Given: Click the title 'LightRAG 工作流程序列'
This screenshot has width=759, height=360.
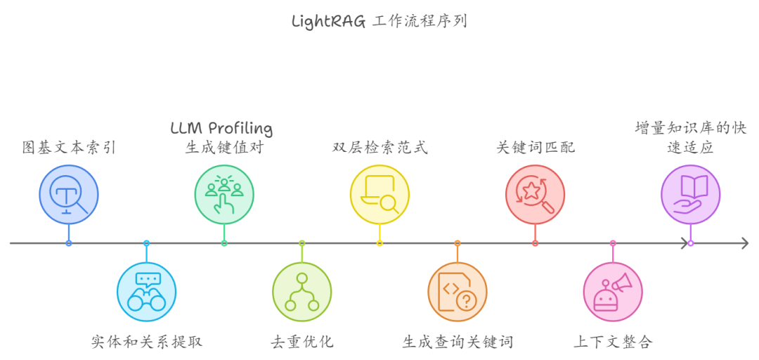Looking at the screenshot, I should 379,21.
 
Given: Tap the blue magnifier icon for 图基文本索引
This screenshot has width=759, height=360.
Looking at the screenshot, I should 69,194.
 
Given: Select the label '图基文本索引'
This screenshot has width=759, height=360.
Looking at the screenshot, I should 69,148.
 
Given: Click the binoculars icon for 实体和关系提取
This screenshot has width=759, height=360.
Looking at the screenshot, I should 146,292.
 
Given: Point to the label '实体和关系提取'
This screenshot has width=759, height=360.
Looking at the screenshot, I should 146,342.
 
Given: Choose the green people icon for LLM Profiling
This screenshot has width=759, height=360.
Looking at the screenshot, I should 224,194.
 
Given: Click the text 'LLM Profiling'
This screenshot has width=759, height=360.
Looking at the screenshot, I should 221,129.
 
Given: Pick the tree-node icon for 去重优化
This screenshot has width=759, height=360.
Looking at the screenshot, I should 302,292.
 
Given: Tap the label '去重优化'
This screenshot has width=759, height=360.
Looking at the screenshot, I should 302,342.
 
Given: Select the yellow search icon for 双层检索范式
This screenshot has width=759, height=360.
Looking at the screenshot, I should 379,194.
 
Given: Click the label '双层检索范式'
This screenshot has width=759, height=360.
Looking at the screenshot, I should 379,148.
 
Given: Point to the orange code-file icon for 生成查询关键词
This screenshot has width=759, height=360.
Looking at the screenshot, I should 458,292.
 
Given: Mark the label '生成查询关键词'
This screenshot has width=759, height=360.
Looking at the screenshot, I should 458,342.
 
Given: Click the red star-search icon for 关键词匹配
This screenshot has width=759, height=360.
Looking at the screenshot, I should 535,194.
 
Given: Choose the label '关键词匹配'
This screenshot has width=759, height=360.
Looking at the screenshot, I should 535,148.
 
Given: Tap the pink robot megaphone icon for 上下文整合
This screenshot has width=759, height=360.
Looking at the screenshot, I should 613,292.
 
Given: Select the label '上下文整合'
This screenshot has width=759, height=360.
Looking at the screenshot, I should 613,342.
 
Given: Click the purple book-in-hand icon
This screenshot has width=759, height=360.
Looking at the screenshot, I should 690,194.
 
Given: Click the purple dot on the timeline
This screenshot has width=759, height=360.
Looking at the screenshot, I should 690,243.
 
